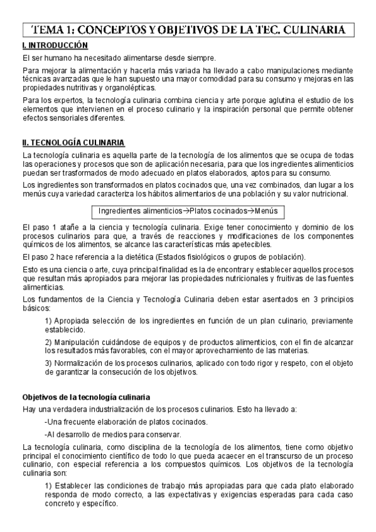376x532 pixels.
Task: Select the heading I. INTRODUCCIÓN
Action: click(54, 46)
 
